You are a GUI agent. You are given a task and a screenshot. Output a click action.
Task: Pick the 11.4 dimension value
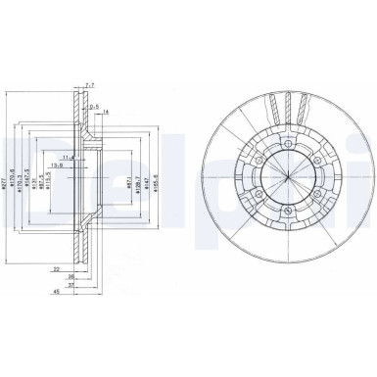tap(68, 157)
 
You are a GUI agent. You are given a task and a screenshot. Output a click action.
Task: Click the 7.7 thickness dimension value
tap(90, 86)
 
